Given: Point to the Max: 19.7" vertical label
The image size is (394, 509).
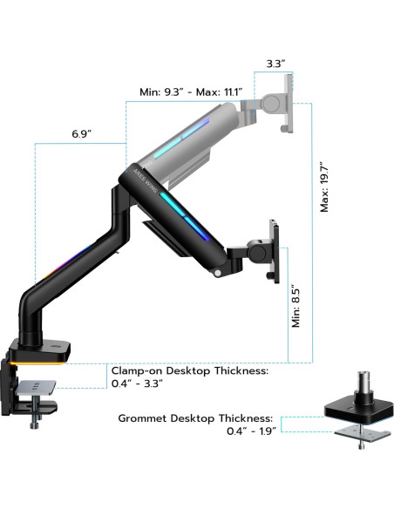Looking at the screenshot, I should coord(323,187).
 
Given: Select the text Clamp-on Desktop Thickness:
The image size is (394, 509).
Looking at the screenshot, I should coord(189,370).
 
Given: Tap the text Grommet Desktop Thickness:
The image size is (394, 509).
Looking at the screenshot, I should coord(195,418).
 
